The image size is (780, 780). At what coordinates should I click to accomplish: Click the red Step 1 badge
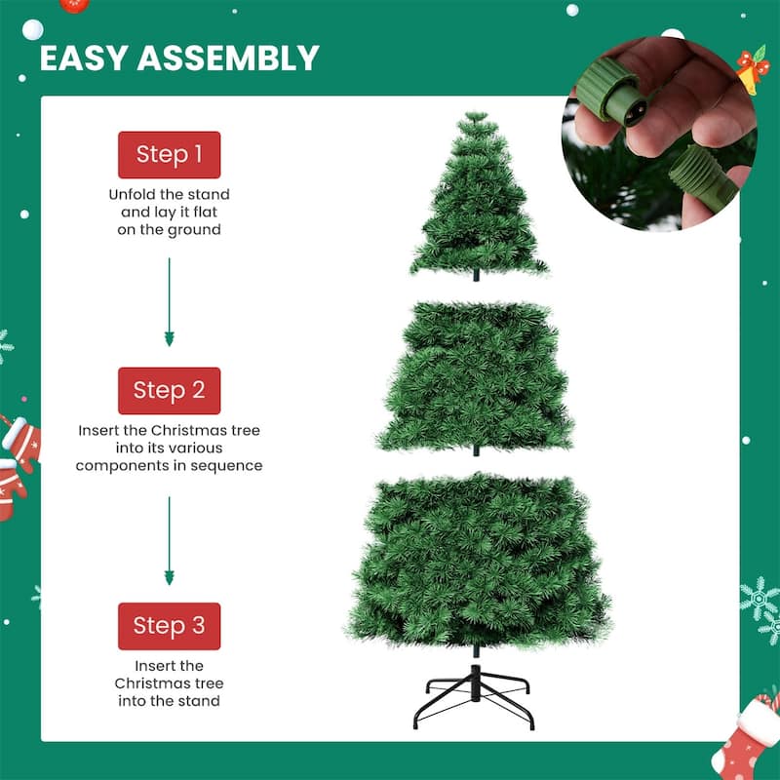pyautogui.click(x=169, y=154)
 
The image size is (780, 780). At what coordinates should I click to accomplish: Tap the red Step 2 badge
pyautogui.click(x=169, y=390)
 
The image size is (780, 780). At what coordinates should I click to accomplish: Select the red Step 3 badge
pyautogui.click(x=169, y=626)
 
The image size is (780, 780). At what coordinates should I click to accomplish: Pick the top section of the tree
pyautogui.click(x=477, y=200)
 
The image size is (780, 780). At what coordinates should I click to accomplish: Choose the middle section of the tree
pyautogui.click(x=476, y=375)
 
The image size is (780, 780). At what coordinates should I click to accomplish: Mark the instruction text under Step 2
pyautogui.click(x=169, y=448)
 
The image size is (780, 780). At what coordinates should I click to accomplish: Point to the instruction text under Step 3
pyautogui.click(x=169, y=682)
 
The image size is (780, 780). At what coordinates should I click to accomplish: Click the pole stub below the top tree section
pyautogui.click(x=477, y=276)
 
